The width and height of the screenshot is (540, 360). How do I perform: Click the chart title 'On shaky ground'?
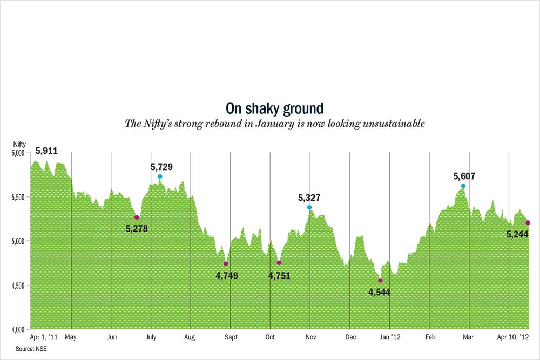[x=274, y=108]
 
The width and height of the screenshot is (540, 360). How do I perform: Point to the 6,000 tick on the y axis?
[x=18, y=153]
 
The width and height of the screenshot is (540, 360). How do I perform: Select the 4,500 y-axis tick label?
[x=18, y=285]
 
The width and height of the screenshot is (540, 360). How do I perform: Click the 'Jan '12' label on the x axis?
[x=390, y=337]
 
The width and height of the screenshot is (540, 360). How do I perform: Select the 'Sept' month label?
[x=230, y=337]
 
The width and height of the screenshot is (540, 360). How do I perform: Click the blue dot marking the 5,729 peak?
[x=160, y=176]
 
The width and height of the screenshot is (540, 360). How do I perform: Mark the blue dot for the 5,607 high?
[x=463, y=186]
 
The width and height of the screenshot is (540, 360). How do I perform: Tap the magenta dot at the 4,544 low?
[x=380, y=280]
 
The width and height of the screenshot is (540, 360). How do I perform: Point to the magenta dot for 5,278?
[x=137, y=217]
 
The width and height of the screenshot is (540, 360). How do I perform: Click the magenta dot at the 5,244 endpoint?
[x=528, y=223]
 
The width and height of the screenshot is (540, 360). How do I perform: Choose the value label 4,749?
[x=227, y=275]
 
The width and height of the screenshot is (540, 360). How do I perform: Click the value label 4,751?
[x=279, y=275]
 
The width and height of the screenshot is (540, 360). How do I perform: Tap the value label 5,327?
[x=309, y=198]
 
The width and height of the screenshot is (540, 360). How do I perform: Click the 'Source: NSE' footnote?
[x=31, y=349]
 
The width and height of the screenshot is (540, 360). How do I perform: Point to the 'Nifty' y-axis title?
[x=19, y=144]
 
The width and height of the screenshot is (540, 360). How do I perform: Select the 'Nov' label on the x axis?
[x=310, y=337]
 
